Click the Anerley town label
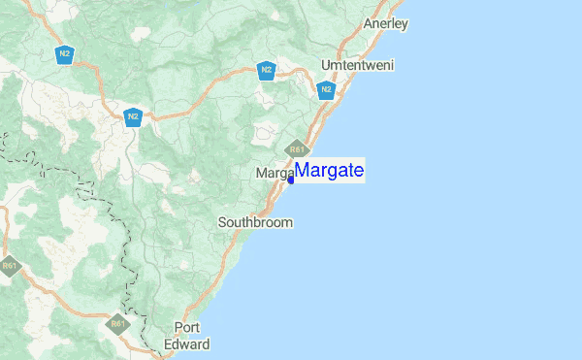tap(384, 22)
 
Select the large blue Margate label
tap(330, 171)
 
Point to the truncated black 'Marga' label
tap(274, 173)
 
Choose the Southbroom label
tap(255, 222)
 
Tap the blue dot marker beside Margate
tap(291, 180)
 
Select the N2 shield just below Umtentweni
tap(326, 89)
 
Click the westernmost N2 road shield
tap(64, 53)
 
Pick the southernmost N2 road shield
tap(133, 116)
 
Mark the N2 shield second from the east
tap(266, 69)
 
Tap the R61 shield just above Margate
tap(297, 149)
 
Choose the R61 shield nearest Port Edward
tap(117, 324)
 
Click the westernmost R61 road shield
tap(10, 266)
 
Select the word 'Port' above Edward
tap(186, 327)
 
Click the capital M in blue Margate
tap(302, 171)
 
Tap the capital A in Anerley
tap(368, 22)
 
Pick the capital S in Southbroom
tap(222, 222)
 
